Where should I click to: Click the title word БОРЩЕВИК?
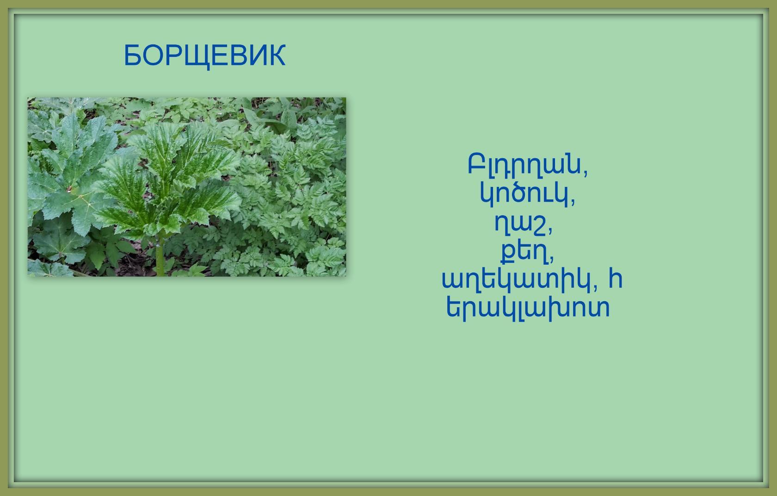point(204,56)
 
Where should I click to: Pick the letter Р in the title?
point(173,55)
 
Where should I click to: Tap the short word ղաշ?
point(520,224)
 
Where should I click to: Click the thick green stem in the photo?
point(160,255)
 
